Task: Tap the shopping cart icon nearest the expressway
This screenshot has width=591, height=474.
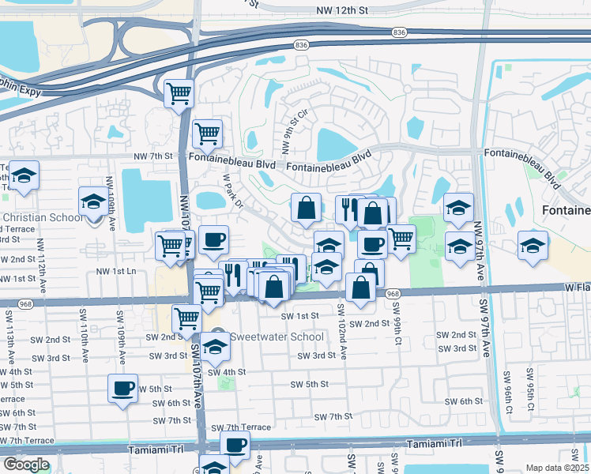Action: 179,92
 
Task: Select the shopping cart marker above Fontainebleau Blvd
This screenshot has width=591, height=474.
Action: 207,133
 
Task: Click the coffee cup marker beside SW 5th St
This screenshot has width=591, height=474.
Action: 122,388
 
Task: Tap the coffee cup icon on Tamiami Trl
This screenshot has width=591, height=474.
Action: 235,445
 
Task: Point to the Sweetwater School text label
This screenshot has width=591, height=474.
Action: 277,337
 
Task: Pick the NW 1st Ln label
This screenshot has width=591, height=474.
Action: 116,271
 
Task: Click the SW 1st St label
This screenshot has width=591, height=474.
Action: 299,315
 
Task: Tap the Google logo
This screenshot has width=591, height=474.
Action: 26,465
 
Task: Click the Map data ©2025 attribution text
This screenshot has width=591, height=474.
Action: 556,468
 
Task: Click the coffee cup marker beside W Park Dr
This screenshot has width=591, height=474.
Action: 213,240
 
